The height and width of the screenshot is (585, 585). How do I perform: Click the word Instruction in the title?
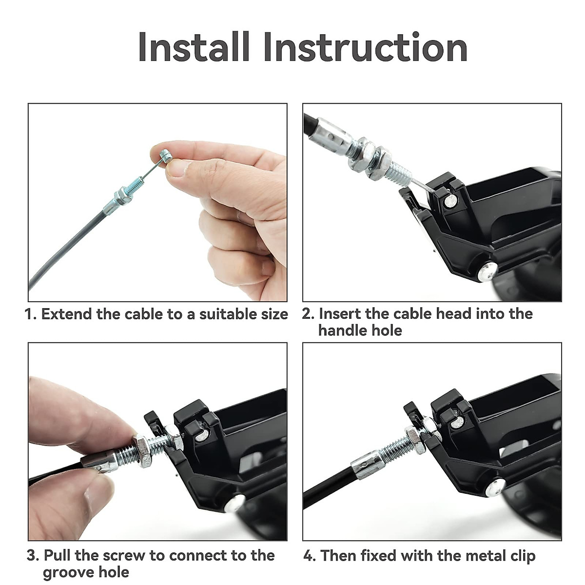[366, 47]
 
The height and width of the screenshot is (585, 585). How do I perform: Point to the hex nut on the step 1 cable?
[123, 196]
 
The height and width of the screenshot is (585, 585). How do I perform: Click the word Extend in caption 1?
[66, 314]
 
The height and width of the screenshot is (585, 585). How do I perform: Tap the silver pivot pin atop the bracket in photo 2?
[450, 201]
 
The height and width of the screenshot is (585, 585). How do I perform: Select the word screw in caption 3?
[124, 556]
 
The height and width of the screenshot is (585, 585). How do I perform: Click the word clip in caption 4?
[521, 556]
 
